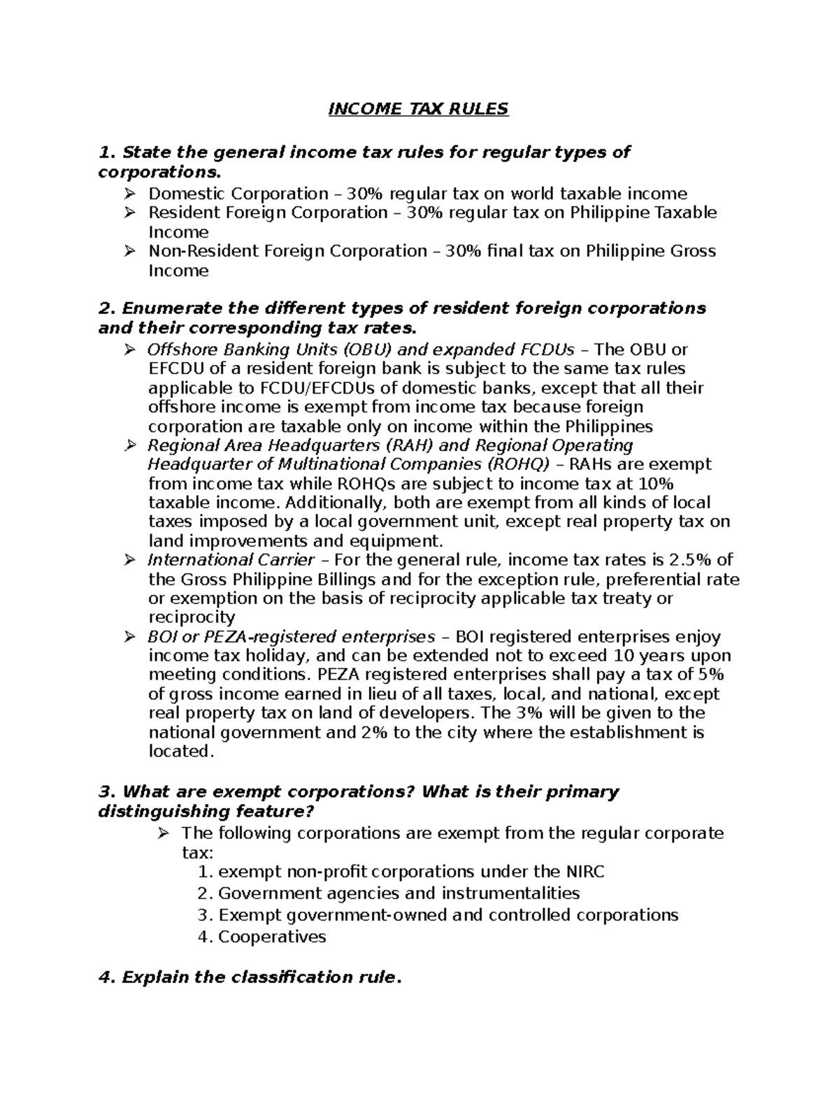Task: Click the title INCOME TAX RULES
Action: coord(419,109)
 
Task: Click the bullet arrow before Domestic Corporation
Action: coord(129,193)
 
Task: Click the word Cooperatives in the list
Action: coord(272,937)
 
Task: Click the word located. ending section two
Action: coord(180,752)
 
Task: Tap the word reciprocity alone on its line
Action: coord(192,617)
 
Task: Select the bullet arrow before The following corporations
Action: coord(163,833)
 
